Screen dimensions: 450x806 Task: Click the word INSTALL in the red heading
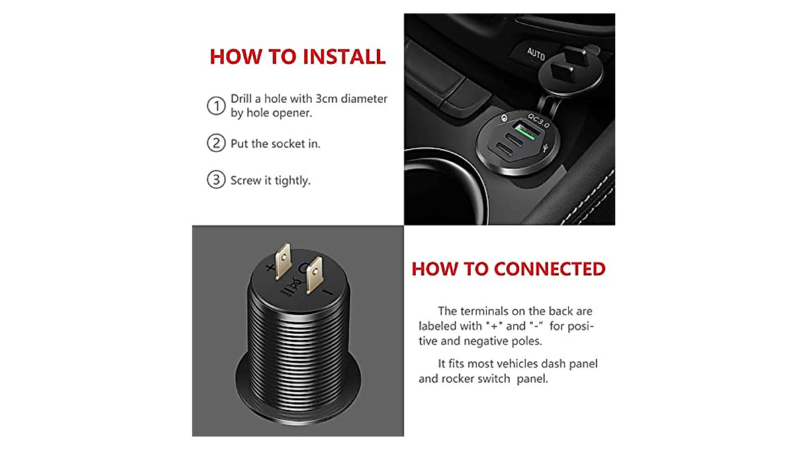(343, 57)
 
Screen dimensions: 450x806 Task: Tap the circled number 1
(216, 106)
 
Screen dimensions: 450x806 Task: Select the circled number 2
(216, 143)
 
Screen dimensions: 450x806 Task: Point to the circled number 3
(216, 180)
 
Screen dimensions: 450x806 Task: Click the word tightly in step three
(292, 181)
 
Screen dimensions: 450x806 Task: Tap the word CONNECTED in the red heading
(549, 269)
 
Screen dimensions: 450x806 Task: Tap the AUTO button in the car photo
(535, 54)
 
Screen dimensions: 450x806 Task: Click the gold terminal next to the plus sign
(283, 260)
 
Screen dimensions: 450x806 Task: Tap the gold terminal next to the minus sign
(312, 277)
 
